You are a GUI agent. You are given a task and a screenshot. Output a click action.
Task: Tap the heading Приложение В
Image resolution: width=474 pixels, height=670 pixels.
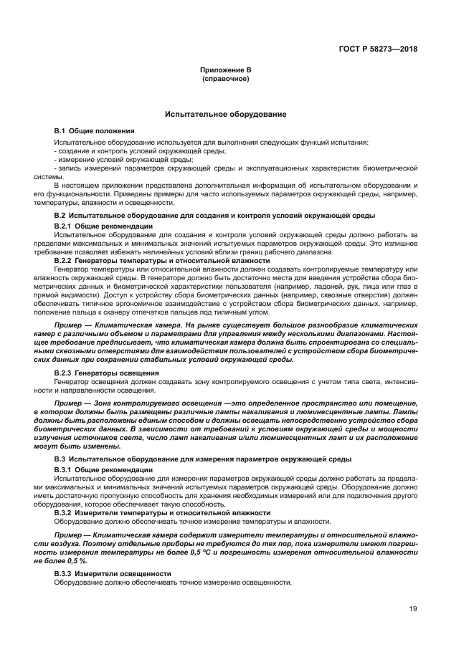coord(226,70)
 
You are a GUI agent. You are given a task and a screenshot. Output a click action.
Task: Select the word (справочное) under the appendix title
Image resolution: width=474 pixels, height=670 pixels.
coord(226,79)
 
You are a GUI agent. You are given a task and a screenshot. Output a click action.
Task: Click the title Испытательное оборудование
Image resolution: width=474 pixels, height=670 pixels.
coord(226,114)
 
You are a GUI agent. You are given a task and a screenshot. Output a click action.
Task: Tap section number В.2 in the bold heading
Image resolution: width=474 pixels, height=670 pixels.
coord(61,215)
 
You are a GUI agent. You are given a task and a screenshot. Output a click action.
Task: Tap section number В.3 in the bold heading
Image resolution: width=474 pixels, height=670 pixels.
coord(61,458)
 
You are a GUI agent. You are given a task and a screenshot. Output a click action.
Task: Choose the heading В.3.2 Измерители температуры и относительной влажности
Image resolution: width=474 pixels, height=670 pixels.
coord(162,512)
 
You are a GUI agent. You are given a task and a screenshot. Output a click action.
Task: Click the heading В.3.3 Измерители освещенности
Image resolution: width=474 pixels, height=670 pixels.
coord(113,574)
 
